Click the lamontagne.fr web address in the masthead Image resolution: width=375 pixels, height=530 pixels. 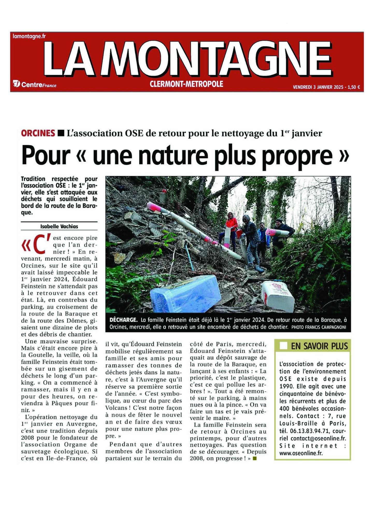coord(29,36)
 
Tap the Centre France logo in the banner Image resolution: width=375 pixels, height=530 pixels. coord(35,84)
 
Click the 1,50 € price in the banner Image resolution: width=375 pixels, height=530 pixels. coord(354,87)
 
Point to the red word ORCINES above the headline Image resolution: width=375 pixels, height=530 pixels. coord(38,133)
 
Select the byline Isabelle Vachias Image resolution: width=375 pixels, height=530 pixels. coord(59,226)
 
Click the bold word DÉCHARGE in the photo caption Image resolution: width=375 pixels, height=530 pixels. coord(123,320)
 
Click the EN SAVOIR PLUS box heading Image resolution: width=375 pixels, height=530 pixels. coord(319,346)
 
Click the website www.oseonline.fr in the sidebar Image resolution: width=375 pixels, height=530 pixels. coord(301,453)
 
